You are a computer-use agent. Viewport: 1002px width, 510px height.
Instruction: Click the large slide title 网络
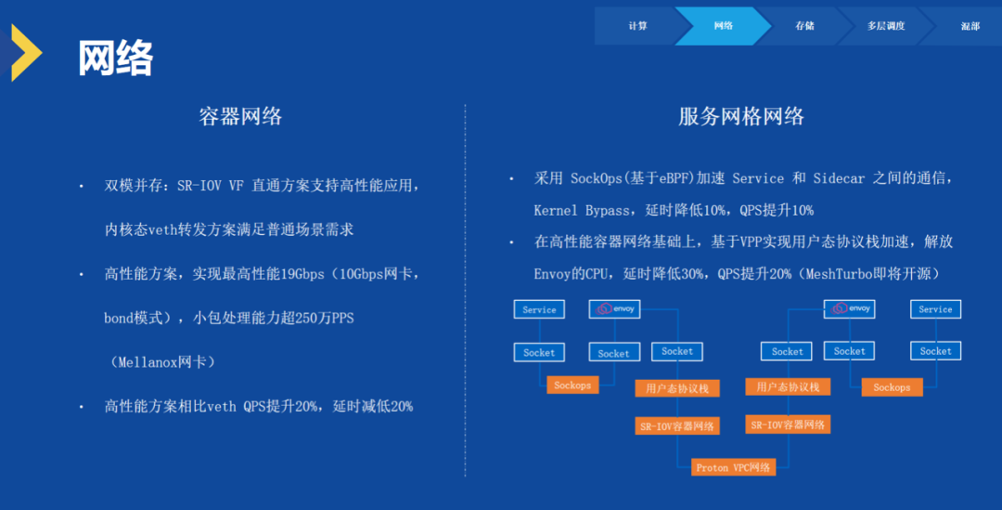pos(116,59)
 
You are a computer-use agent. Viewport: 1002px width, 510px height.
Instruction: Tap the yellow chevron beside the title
pos(27,52)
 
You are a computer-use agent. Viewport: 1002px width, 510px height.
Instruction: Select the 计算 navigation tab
pos(637,26)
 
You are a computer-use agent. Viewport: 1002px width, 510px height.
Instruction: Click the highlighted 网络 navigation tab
pos(724,26)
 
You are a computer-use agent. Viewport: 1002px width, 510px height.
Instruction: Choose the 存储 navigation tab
pos(804,26)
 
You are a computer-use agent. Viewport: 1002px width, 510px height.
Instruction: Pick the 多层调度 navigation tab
pos(886,26)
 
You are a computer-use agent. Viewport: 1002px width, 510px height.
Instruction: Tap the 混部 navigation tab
pos(970,26)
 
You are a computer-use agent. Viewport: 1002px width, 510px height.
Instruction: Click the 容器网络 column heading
pos(240,116)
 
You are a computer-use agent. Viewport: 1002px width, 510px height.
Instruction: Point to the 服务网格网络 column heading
pos(741,116)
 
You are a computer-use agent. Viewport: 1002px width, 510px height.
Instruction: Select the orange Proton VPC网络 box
pos(734,467)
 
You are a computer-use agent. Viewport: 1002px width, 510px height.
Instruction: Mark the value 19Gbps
pos(302,275)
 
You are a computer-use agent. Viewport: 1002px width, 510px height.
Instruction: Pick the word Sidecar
pos(839,178)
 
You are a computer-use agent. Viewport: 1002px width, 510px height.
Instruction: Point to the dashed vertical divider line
pos(465,291)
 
